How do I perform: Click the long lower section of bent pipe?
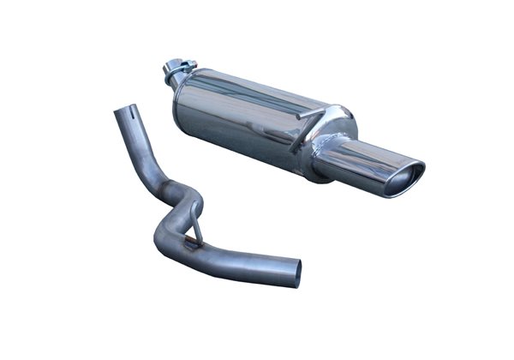pos(240,261)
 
